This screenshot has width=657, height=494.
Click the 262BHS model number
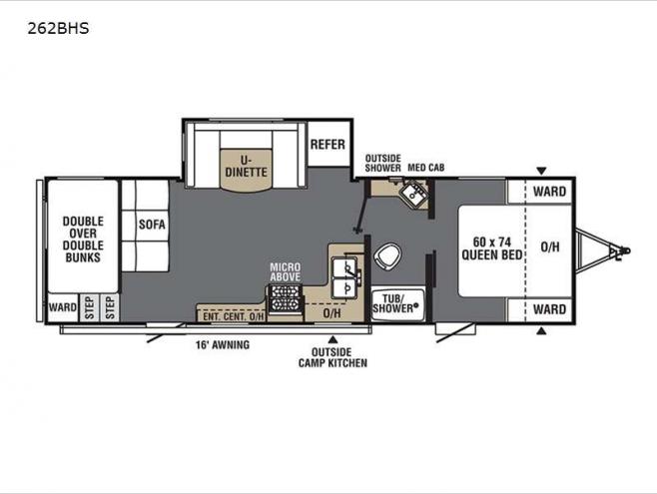pyautogui.click(x=58, y=29)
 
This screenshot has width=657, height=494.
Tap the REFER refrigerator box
pyautogui.click(x=328, y=144)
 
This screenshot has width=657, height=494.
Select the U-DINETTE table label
pyautogui.click(x=246, y=167)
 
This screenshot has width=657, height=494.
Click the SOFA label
pyautogui.click(x=152, y=225)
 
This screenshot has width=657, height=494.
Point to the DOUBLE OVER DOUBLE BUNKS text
pyautogui.click(x=83, y=240)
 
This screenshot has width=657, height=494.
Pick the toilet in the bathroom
pyautogui.click(x=387, y=256)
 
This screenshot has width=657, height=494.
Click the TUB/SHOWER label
pyautogui.click(x=395, y=303)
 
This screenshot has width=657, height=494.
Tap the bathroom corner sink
pyautogui.click(x=413, y=194)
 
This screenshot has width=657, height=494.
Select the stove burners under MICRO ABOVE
pyautogui.click(x=285, y=298)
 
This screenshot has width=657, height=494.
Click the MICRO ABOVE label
pyautogui.click(x=285, y=272)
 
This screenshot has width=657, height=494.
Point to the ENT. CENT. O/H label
pyautogui.click(x=234, y=316)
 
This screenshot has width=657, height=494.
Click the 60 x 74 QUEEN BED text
pyautogui.click(x=492, y=248)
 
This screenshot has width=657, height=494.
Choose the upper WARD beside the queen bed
pyautogui.click(x=549, y=192)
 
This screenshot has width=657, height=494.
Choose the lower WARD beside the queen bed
pyautogui.click(x=549, y=309)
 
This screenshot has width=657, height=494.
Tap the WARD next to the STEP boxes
pyautogui.click(x=63, y=307)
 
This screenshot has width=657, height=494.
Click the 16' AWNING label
pyautogui.click(x=223, y=344)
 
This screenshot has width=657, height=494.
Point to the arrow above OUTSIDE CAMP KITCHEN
pyautogui.click(x=332, y=339)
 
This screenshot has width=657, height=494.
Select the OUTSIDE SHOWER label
pyautogui.click(x=383, y=164)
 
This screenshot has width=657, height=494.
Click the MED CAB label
pyautogui.click(x=426, y=168)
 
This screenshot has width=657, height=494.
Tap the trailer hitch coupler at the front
pyautogui.click(x=622, y=251)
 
